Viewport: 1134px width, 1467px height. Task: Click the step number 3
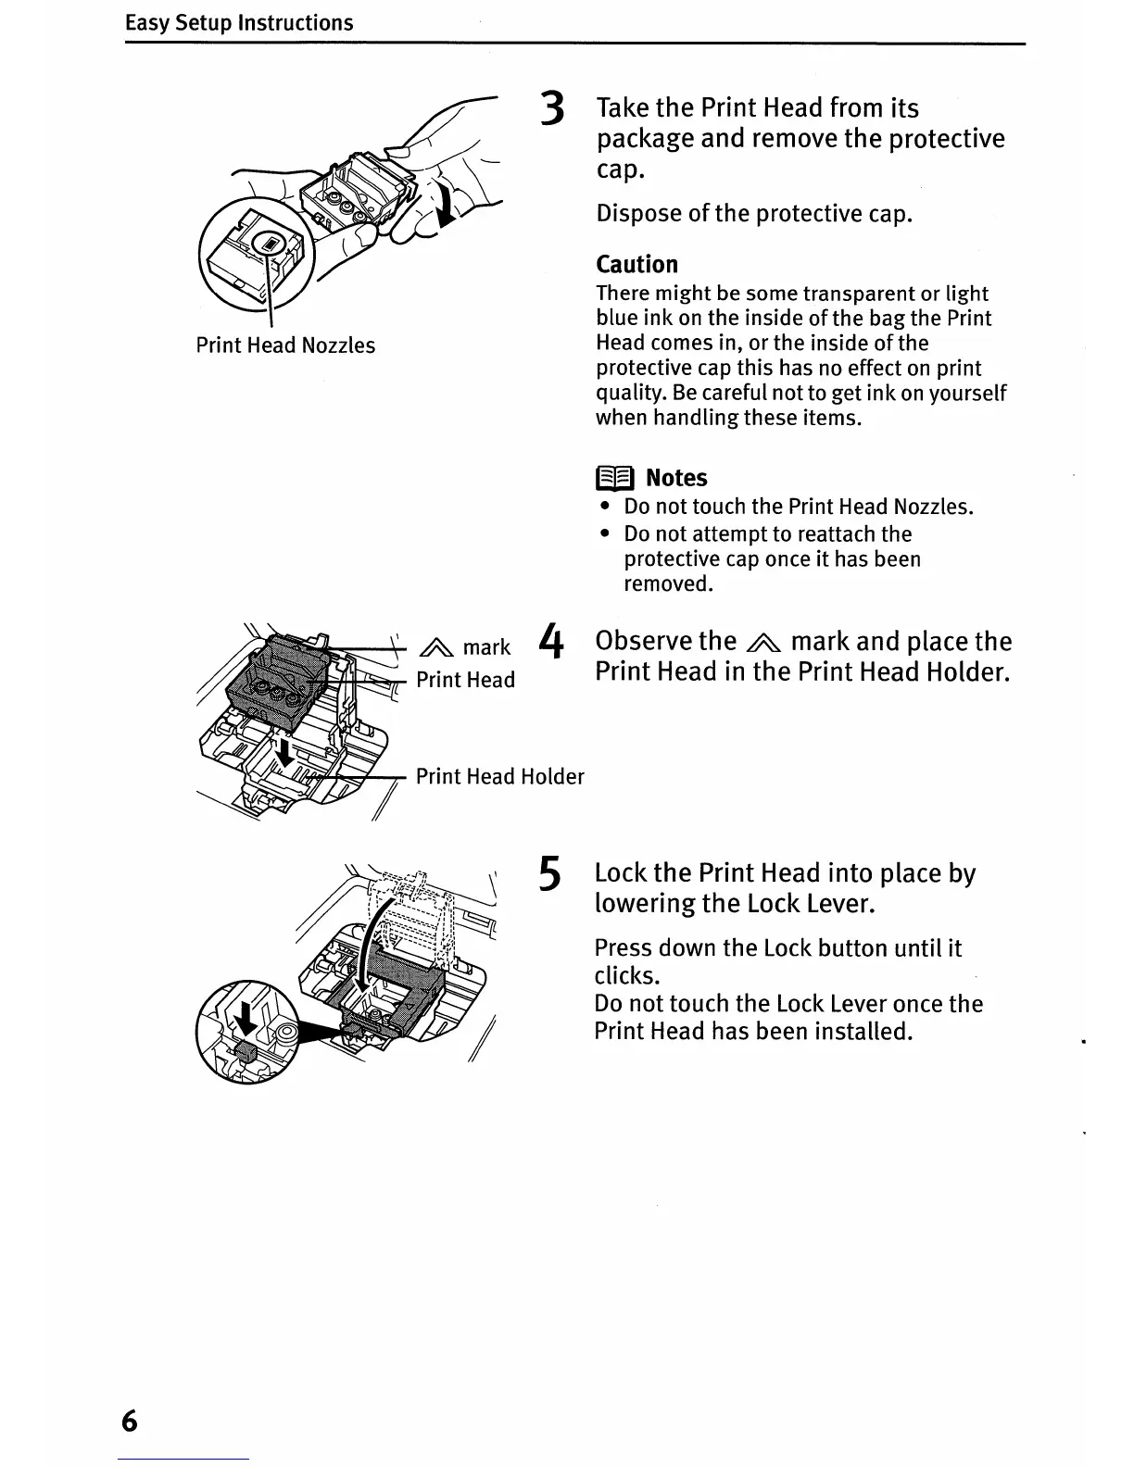(x=552, y=109)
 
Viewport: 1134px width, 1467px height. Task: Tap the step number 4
(x=551, y=642)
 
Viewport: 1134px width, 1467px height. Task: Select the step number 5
(x=549, y=874)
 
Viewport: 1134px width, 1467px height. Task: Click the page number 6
(x=129, y=1421)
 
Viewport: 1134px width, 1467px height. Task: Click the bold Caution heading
(x=636, y=264)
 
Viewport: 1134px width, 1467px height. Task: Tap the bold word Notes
(x=676, y=478)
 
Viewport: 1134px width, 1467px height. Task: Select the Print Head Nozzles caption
(x=285, y=345)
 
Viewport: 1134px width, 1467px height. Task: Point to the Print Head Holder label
(x=499, y=776)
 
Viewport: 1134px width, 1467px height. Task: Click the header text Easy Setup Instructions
(x=239, y=22)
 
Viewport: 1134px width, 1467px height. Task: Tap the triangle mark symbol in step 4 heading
(x=763, y=643)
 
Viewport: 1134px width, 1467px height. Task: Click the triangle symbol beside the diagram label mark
(x=436, y=648)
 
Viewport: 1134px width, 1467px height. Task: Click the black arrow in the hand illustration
(x=446, y=205)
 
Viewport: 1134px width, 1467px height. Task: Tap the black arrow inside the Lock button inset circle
(x=246, y=1022)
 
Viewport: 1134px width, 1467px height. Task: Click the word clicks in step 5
(x=626, y=976)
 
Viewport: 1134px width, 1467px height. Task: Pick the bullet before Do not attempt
(x=605, y=534)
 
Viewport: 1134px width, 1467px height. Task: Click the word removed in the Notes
(x=668, y=584)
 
